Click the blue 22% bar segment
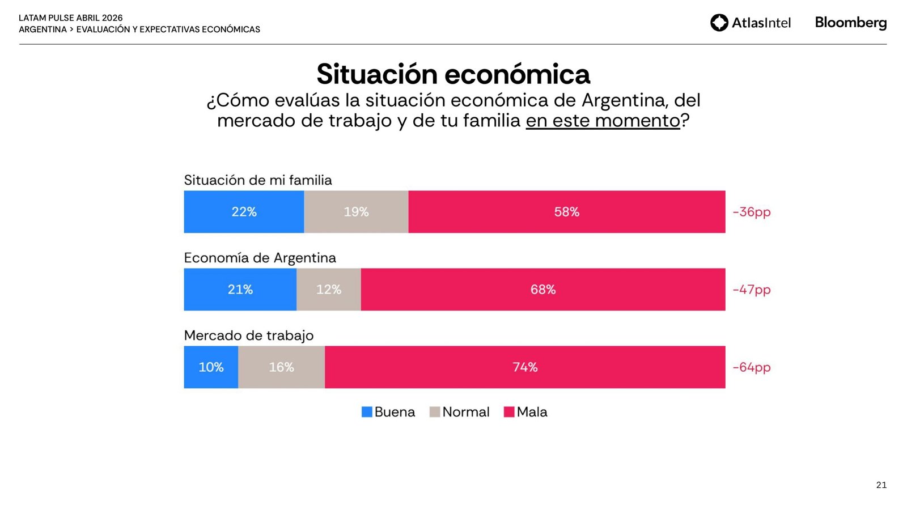244,212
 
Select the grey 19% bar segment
356,212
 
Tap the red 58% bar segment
566,212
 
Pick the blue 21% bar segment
240,290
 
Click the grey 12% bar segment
329,290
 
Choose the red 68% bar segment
542,290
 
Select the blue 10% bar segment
211,367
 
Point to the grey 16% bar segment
281,367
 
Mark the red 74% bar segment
525,367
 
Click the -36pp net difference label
752,212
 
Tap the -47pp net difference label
752,290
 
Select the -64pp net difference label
752,367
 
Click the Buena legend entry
388,412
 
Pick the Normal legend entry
460,412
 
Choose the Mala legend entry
525,412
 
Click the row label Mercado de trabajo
248,335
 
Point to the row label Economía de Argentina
260,258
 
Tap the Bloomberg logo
850,23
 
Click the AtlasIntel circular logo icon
719,23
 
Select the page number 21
881,485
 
